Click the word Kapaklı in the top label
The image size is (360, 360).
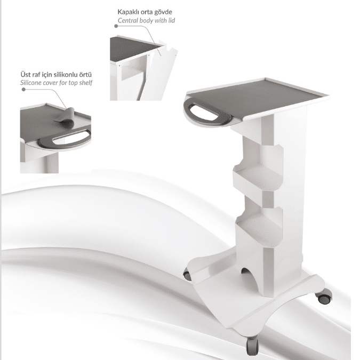tap(127, 12)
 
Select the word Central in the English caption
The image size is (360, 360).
tap(128, 20)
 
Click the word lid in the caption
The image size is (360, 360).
tap(171, 20)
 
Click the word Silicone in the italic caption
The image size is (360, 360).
tap(31, 83)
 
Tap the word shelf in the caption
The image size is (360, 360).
tap(86, 83)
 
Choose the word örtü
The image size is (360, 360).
tap(85, 75)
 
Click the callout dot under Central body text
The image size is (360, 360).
tap(116, 26)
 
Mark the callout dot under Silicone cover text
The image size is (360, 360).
tap(23, 89)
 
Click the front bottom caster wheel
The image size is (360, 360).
tap(252, 345)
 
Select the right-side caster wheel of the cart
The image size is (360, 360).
tap(324, 297)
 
